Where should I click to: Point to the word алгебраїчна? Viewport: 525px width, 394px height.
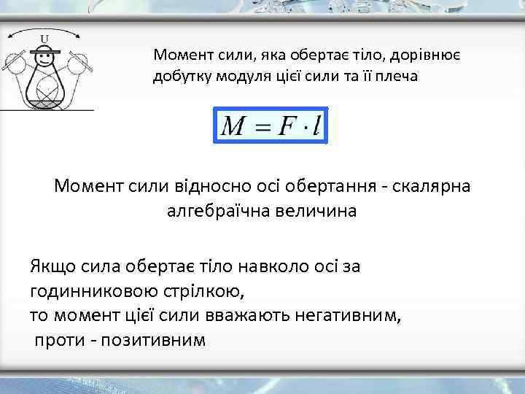click(x=219, y=212)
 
